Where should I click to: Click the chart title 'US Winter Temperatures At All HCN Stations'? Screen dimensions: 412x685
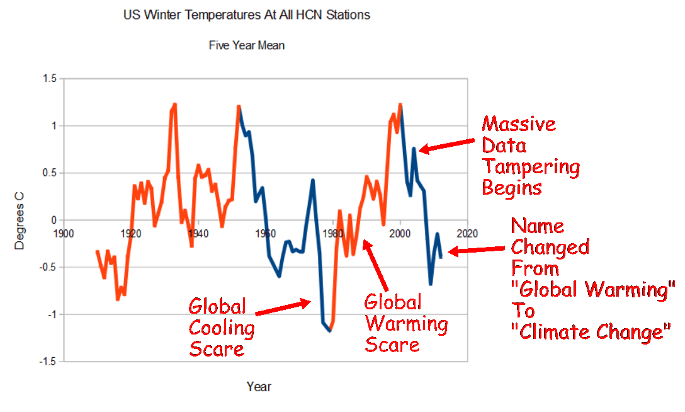click(x=247, y=15)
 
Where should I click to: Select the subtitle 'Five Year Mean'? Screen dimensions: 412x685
click(x=247, y=45)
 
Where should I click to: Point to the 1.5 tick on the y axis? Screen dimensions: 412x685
click(x=50, y=79)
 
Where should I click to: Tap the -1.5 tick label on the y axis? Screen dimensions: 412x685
click(x=48, y=362)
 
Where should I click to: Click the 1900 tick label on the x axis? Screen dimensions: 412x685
click(x=63, y=232)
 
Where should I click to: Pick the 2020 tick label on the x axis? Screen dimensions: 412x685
click(x=467, y=232)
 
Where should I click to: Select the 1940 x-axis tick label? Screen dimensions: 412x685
click(x=198, y=232)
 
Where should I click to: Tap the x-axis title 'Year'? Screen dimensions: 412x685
click(x=259, y=386)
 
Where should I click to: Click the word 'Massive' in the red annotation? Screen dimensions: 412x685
click(x=519, y=123)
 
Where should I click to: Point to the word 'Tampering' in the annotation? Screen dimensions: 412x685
click(x=530, y=167)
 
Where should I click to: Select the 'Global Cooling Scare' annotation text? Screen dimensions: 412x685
click(x=222, y=328)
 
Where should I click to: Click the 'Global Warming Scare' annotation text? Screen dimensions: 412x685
click(x=405, y=324)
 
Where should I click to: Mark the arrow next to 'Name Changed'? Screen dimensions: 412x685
click(x=476, y=250)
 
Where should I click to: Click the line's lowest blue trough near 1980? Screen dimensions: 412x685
click(x=329, y=330)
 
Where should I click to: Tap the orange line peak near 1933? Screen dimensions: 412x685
click(x=174, y=105)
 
